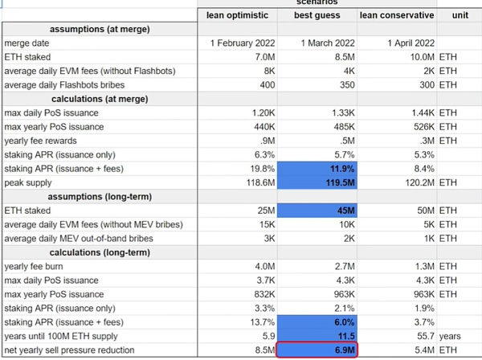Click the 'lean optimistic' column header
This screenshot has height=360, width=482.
point(239,14)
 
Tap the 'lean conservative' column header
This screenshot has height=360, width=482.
point(397,14)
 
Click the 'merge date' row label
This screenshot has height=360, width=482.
point(27,43)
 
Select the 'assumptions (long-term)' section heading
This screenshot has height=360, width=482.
point(99,196)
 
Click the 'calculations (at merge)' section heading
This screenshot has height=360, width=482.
point(99,99)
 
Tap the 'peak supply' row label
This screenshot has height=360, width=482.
point(30,182)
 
